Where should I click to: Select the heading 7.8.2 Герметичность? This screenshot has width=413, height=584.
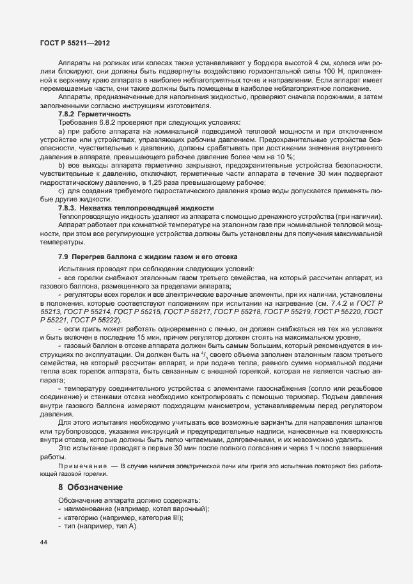click(90, 113)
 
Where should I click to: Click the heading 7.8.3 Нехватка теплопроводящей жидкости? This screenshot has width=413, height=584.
click(136, 209)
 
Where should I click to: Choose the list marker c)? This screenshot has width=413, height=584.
click(61, 191)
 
